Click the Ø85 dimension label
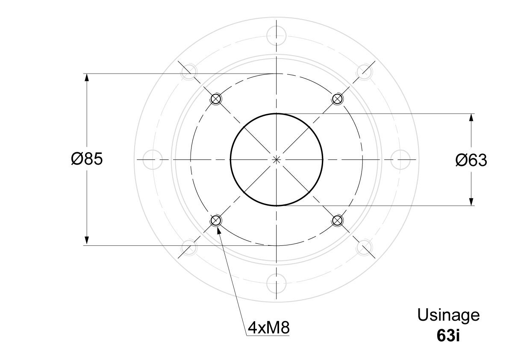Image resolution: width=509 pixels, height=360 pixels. (x=87, y=159)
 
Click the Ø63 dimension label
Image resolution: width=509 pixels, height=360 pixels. (x=471, y=160)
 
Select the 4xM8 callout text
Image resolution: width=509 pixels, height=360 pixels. (x=268, y=328)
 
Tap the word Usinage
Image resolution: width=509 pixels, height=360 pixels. (x=448, y=315)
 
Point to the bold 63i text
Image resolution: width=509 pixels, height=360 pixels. (x=448, y=336)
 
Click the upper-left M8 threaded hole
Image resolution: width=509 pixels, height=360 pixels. (x=216, y=98)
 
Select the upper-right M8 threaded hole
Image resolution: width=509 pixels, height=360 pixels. (x=338, y=98)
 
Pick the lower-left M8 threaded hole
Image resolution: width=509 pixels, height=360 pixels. (x=215, y=221)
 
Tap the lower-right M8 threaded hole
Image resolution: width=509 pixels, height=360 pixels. (x=338, y=221)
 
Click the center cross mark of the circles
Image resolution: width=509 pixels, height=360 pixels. (x=277, y=159)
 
